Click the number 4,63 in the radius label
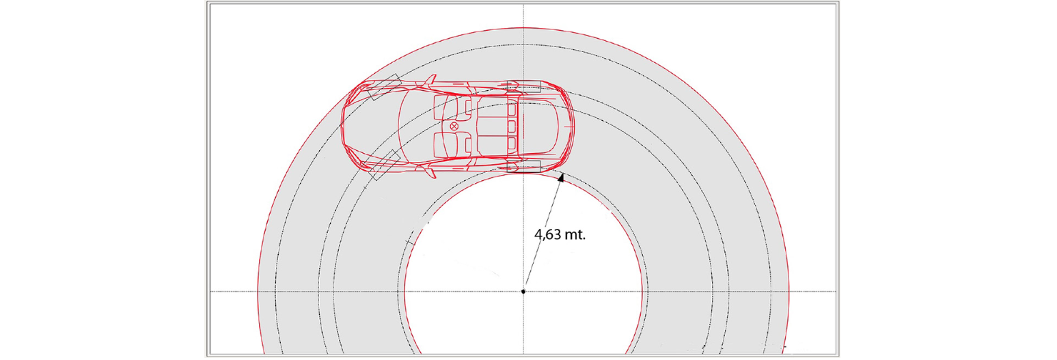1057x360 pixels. pos(549,234)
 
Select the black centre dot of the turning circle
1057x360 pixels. pos(523,292)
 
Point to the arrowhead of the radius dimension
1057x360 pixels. pos(561,178)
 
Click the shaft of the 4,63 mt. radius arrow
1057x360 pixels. pos(543,234)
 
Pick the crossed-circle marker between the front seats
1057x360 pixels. pos(454,126)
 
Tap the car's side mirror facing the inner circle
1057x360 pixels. pos(430,172)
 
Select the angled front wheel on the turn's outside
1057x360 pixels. pos(384,87)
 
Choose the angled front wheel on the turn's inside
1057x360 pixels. pos(385,165)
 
